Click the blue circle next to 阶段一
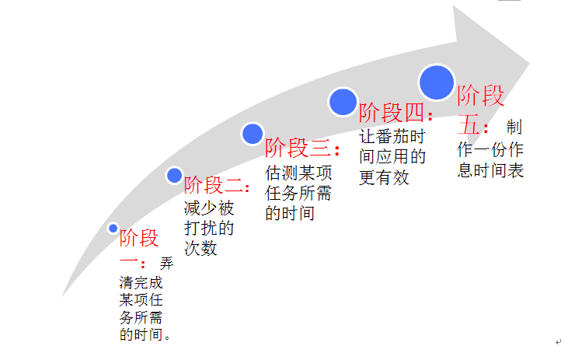(x=113, y=228)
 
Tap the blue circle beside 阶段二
(x=175, y=176)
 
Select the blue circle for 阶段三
(x=253, y=134)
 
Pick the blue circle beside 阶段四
(x=342, y=102)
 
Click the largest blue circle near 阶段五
(x=436, y=82)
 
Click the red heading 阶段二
(x=215, y=187)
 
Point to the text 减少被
(x=209, y=208)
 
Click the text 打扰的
(x=209, y=229)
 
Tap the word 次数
(x=200, y=249)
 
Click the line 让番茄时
(x=392, y=136)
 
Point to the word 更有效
(x=384, y=177)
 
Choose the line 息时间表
(x=490, y=170)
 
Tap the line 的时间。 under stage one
(x=145, y=335)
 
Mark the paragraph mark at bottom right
(x=558, y=342)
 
